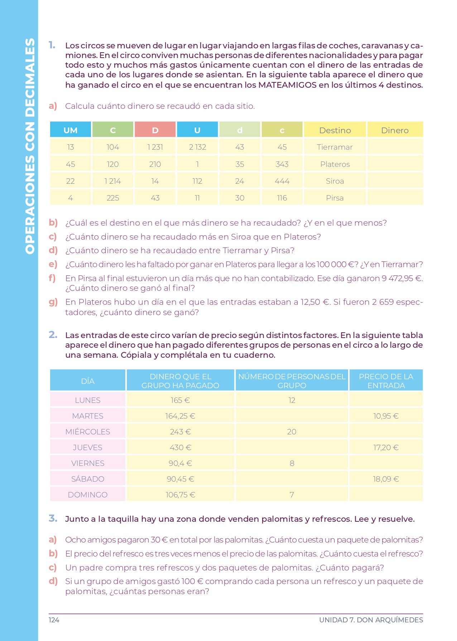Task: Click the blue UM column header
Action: point(71,130)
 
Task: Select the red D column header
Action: point(155,130)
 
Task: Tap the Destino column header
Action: point(335,130)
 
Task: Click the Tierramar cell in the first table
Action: point(335,147)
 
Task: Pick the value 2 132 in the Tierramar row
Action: point(197,147)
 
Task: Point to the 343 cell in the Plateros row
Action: point(282,164)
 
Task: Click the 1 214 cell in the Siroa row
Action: point(113,181)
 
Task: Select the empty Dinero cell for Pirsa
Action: point(395,198)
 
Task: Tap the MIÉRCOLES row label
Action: point(88,432)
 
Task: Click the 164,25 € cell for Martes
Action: point(180,416)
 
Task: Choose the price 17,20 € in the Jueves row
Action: point(386,447)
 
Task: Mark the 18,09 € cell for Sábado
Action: point(386,479)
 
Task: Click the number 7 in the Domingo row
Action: point(292,495)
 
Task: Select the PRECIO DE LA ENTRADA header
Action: point(386,381)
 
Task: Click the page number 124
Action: point(54,620)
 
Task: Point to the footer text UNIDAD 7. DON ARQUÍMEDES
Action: point(371,620)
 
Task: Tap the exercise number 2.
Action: point(53,335)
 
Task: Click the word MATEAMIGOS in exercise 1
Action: point(287,85)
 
